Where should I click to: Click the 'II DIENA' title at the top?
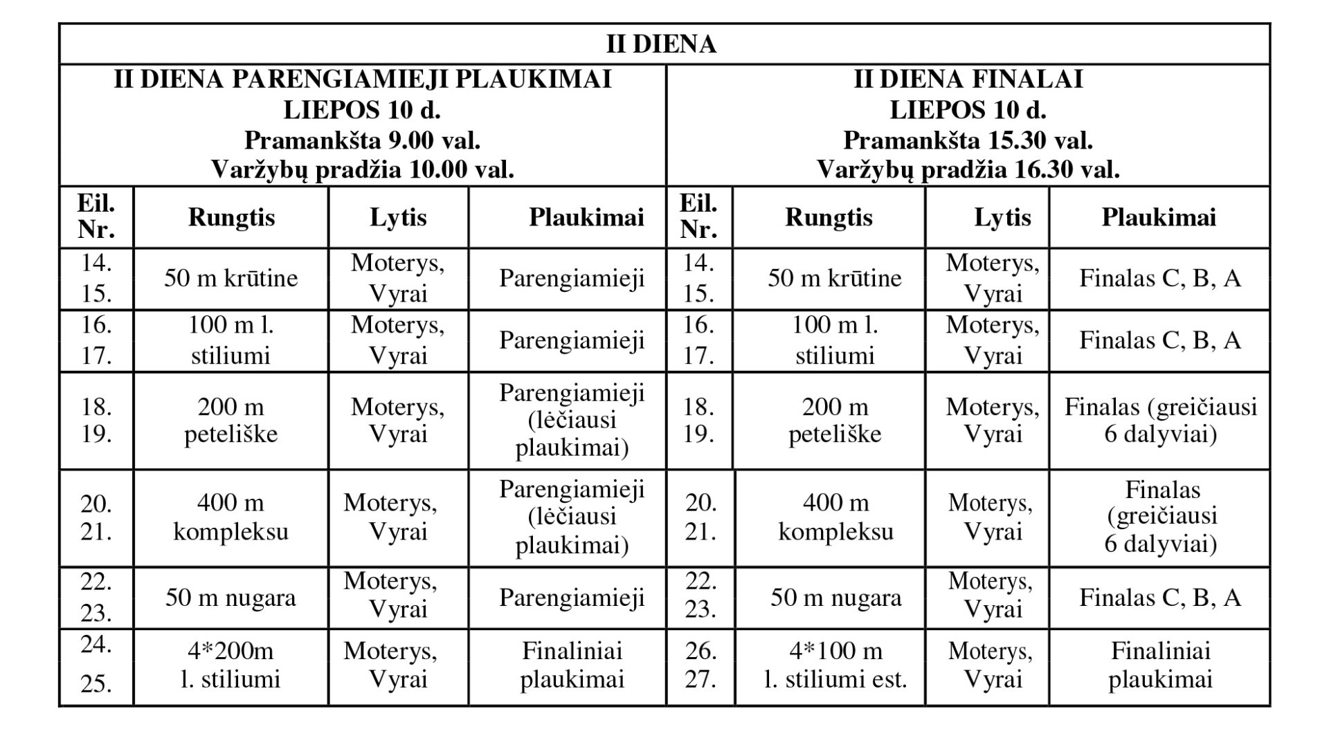[x=661, y=44]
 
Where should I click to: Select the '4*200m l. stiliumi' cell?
[x=230, y=665]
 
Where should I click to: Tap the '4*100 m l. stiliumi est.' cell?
[x=835, y=665]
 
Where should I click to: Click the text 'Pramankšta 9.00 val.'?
[x=362, y=140]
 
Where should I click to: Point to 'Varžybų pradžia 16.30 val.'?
[x=968, y=169]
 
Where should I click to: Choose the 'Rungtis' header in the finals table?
[x=829, y=218]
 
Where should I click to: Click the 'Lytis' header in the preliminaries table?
[x=398, y=218]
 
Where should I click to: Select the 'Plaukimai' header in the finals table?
[x=1159, y=218]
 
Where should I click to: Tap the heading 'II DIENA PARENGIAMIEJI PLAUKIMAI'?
[x=362, y=80]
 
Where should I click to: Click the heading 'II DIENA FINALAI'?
[x=968, y=80]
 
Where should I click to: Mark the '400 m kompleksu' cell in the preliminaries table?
[x=230, y=517]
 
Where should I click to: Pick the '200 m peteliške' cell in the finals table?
[x=835, y=421]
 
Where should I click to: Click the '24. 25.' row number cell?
[x=96, y=665]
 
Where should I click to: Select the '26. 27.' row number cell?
[x=700, y=665]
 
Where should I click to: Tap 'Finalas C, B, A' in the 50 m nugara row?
[x=1160, y=598]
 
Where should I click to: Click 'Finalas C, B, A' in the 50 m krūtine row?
[x=1160, y=278]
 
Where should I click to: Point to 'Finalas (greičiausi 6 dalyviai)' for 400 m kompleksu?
[x=1161, y=517]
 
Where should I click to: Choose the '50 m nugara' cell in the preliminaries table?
[x=230, y=598]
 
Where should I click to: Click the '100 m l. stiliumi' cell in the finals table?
[x=835, y=340]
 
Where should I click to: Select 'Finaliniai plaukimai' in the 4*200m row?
[x=572, y=665]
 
